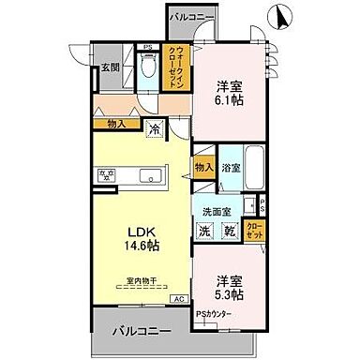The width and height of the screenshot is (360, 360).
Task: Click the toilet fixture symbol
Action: click(x=146, y=67)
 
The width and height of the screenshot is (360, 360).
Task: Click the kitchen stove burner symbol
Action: click(x=109, y=174)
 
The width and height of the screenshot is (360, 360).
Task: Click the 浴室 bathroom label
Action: click(x=232, y=170)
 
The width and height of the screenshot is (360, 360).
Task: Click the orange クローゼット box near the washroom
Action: click(x=253, y=230)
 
